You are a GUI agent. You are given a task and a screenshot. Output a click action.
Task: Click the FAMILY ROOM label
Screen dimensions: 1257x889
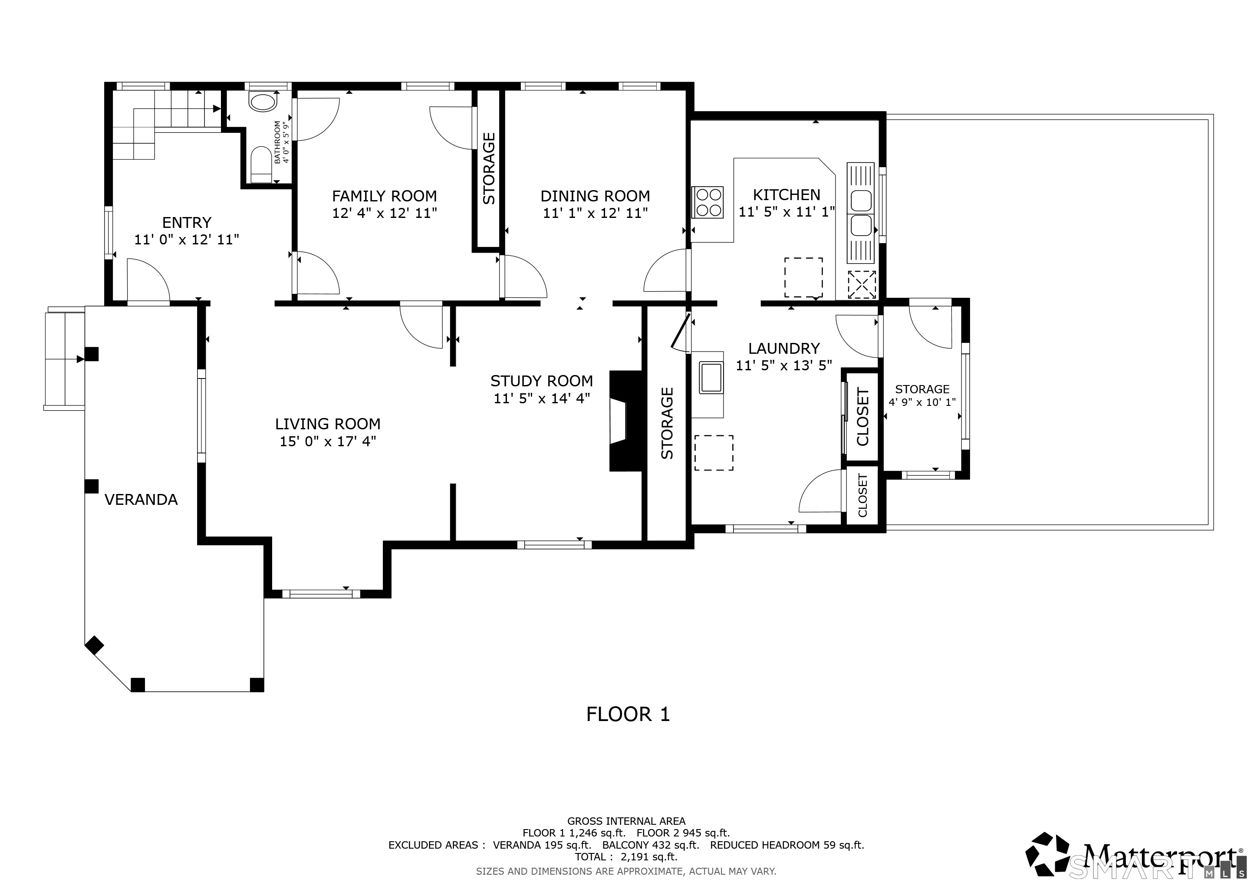pyautogui.click(x=384, y=196)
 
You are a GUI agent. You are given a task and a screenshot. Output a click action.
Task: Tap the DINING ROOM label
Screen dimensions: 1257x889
pyautogui.click(x=595, y=196)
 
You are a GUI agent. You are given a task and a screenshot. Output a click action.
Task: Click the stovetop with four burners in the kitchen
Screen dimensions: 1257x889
pyautogui.click(x=708, y=202)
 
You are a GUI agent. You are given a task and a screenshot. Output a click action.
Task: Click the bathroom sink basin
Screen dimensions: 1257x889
pyautogui.click(x=263, y=102)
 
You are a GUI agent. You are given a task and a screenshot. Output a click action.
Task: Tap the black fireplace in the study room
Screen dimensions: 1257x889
pyautogui.click(x=626, y=421)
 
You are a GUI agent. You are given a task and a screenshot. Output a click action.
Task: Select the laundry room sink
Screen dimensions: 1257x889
pyautogui.click(x=711, y=377)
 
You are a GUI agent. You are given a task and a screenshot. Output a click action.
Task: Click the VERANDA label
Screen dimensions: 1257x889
pyautogui.click(x=141, y=500)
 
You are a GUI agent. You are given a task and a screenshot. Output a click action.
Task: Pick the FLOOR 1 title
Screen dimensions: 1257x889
pyautogui.click(x=628, y=714)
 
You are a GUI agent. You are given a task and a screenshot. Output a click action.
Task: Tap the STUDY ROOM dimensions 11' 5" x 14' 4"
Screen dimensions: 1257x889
pyautogui.click(x=541, y=398)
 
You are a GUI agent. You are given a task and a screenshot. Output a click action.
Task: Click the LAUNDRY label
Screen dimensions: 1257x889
pyautogui.click(x=784, y=349)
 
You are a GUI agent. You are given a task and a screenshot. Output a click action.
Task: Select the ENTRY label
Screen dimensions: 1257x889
pyautogui.click(x=187, y=223)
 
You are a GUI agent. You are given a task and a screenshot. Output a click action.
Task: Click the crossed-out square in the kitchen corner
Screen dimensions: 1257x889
pyautogui.click(x=862, y=285)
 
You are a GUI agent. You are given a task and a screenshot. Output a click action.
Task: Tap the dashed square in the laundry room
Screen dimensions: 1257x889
pyautogui.click(x=714, y=453)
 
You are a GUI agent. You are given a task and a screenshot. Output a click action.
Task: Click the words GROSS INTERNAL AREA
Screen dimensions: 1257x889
pyautogui.click(x=626, y=821)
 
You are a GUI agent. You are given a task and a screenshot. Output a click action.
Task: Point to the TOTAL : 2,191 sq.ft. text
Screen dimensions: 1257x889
pyautogui.click(x=626, y=857)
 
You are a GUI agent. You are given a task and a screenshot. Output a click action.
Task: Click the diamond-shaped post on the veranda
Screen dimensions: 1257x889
pyautogui.click(x=94, y=645)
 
